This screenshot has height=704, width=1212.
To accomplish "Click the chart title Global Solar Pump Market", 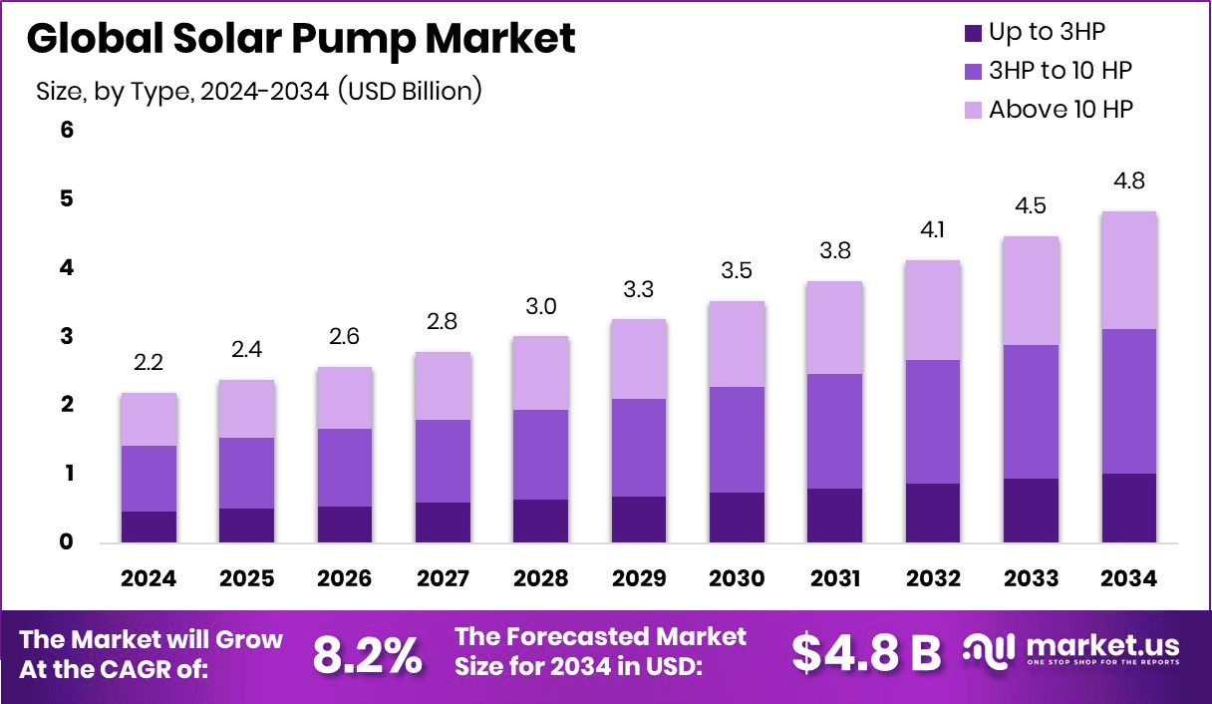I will pyautogui.click(x=301, y=40).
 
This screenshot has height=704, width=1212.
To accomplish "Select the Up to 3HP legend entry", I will pyautogui.click(x=1047, y=33).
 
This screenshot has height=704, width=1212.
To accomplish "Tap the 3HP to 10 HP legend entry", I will pyautogui.click(x=1060, y=71).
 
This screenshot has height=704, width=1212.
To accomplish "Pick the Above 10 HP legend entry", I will pyautogui.click(x=1060, y=110).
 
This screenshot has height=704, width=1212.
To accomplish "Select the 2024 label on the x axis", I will pyautogui.click(x=149, y=579).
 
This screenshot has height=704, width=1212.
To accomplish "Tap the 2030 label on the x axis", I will pyautogui.click(x=737, y=579).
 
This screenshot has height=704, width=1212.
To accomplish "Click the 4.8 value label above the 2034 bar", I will pyautogui.click(x=1129, y=181).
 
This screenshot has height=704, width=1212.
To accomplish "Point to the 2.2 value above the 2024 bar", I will pyautogui.click(x=149, y=364).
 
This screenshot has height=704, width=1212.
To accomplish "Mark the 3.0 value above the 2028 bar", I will pyautogui.click(x=540, y=306).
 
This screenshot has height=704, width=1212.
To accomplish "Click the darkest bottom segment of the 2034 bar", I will pyautogui.click(x=1129, y=508).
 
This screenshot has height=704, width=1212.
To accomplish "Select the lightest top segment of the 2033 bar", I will pyautogui.click(x=1031, y=290).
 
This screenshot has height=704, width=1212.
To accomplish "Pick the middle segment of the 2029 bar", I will pyautogui.click(x=638, y=448).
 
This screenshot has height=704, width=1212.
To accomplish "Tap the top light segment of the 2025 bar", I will pyautogui.click(x=246, y=409).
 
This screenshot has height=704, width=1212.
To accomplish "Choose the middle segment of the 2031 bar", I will pyautogui.click(x=834, y=431).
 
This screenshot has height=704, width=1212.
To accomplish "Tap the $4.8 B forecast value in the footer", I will pyautogui.click(x=867, y=653).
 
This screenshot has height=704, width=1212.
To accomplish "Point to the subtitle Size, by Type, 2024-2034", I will pyautogui.click(x=259, y=91).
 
